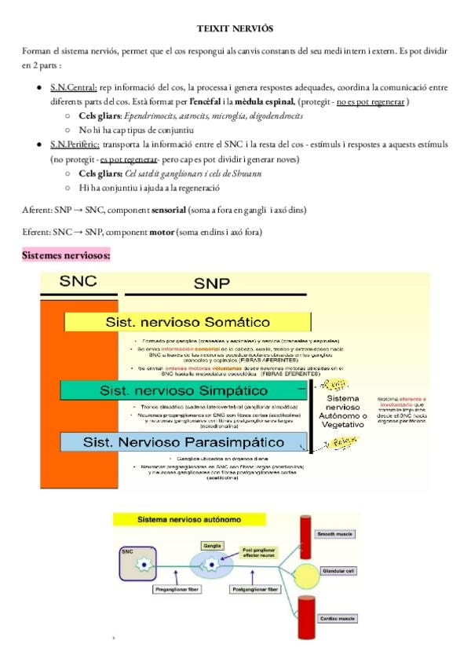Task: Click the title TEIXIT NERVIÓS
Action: [x=235, y=28]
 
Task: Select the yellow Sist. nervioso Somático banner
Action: [x=188, y=322]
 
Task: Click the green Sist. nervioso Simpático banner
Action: [x=184, y=390]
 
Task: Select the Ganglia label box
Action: [x=212, y=543]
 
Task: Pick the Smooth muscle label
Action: [x=335, y=533]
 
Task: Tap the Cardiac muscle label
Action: [x=336, y=619]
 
